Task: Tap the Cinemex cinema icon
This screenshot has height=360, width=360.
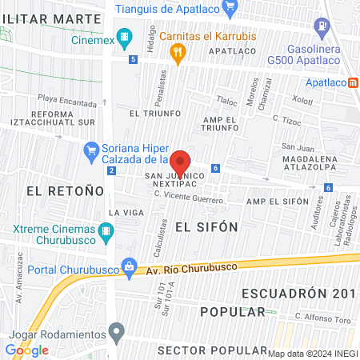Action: pos(124,36)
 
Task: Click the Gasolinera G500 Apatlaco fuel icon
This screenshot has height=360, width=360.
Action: pos(322,26)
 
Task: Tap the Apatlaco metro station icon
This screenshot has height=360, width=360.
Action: pos(354,82)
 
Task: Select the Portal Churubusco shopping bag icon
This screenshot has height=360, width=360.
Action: pos(127,266)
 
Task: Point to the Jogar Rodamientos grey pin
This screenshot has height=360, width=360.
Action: pos(118,330)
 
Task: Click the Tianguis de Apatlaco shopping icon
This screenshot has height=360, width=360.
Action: pos(230,9)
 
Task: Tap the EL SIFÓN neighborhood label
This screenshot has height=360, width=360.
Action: pos(206,226)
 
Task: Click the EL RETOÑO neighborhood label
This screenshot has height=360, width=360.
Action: pos(65,190)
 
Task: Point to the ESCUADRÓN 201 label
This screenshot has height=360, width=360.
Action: pos(297,292)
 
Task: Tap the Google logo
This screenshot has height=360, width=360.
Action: pos(26,350)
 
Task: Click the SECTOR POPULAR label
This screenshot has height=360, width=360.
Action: pos(211,350)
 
